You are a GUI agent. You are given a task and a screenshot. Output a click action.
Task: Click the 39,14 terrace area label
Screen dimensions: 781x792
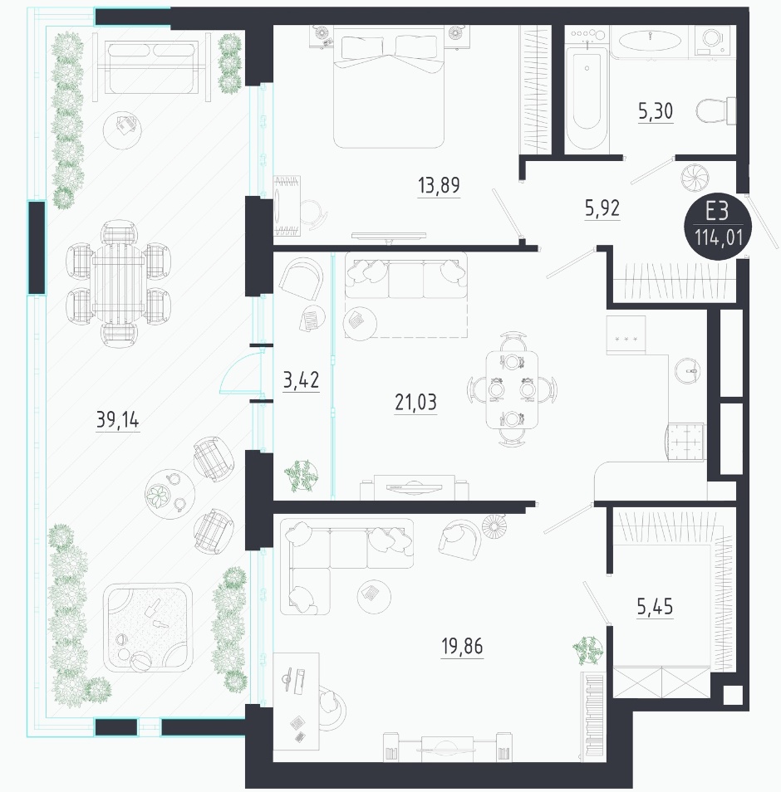(x=118, y=420)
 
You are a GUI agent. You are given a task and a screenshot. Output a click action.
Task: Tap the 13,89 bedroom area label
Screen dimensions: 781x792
(x=439, y=185)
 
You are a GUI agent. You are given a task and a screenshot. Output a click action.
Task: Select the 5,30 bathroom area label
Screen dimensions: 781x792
(x=656, y=110)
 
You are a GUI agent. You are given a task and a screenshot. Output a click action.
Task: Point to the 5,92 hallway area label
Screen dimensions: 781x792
(x=602, y=208)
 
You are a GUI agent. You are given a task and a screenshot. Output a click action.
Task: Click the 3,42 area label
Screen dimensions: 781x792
(x=302, y=380)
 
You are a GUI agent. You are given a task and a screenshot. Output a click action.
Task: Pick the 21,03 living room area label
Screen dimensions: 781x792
(x=415, y=403)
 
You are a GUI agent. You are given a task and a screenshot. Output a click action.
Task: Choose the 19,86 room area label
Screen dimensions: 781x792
(x=462, y=646)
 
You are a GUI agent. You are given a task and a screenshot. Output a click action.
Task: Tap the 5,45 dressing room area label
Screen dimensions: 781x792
(x=656, y=606)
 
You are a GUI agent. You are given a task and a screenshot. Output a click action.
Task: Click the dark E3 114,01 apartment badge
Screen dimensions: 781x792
(x=718, y=227)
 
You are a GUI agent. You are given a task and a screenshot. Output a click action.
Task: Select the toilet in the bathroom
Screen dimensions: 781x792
(x=715, y=110)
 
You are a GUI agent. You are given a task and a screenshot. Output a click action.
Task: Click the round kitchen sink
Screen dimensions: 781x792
(x=687, y=371)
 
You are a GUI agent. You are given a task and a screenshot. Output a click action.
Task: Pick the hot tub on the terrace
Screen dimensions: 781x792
(x=148, y=628)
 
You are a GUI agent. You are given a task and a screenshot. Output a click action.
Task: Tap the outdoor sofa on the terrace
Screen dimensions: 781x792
(x=152, y=67)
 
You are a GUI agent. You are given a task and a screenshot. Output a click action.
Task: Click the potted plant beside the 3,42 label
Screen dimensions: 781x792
(x=301, y=476)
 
